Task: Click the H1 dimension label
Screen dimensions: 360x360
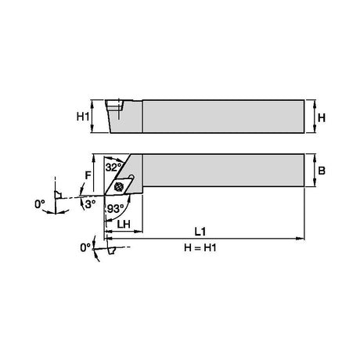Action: [83, 117]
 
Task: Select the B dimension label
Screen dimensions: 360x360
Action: [322, 171]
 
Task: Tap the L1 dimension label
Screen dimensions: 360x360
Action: [200, 232]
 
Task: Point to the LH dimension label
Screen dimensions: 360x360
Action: [124, 224]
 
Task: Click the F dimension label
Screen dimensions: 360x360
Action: [88, 175]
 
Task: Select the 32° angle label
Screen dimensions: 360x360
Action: [113, 167]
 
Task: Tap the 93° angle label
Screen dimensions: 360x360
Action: [116, 208]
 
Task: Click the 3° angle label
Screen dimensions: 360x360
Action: [91, 204]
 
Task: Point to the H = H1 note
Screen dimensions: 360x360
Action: [200, 247]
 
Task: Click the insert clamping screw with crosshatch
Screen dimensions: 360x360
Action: [118, 186]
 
